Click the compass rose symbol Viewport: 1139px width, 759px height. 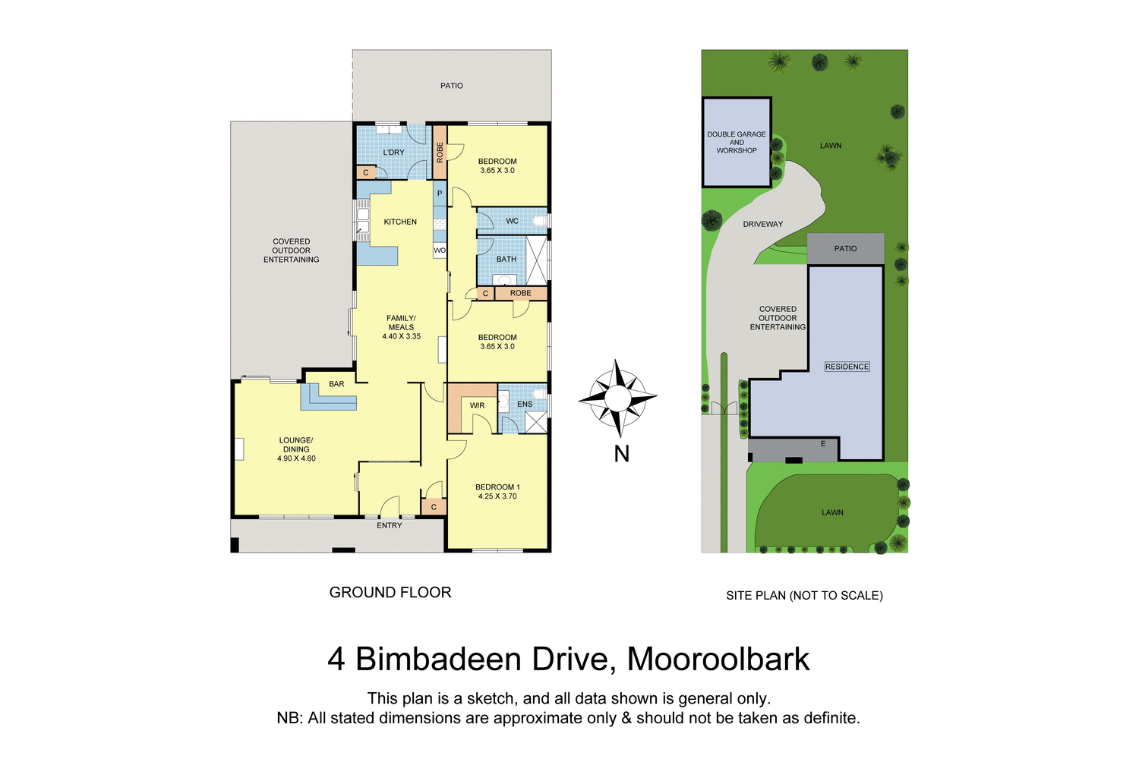[618, 397]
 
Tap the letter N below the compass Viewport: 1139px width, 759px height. [621, 454]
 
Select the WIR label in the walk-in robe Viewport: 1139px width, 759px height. [477, 406]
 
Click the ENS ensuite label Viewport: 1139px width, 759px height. [525, 405]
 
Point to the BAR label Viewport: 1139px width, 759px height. [336, 384]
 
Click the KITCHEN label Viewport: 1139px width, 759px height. [400, 222]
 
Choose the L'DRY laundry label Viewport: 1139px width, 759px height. [393, 153]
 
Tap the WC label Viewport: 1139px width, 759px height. [513, 222]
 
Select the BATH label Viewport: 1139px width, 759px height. [506, 260]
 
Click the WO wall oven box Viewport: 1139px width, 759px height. [440, 250]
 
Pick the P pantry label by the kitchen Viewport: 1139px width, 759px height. [440, 194]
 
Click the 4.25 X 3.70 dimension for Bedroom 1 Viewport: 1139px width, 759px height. [497, 496]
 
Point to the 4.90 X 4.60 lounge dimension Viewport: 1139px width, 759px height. [296, 458]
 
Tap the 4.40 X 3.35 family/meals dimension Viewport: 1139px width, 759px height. [401, 336]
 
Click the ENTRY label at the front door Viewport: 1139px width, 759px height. [390, 525]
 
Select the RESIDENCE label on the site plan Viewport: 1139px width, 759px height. [847, 367]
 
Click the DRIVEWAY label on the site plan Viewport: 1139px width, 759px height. [762, 224]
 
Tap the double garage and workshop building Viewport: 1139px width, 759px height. [737, 143]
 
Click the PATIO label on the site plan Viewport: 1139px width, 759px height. [845, 249]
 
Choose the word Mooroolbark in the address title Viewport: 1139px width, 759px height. [718, 659]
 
